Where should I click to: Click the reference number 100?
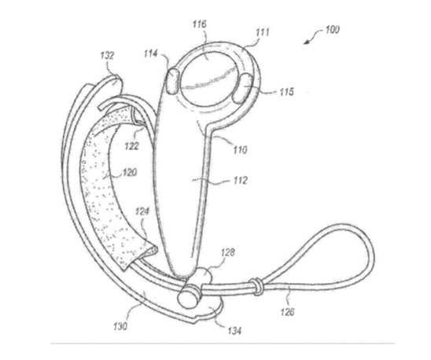[333, 29]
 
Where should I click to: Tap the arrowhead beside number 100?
[307, 42]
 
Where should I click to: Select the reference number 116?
[199, 24]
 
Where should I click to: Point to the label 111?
[263, 33]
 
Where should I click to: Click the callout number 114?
[151, 53]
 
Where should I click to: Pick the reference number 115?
[287, 91]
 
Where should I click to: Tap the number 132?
[107, 56]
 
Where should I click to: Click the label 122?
[131, 145]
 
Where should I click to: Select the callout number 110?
[240, 150]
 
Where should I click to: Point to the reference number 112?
[241, 180]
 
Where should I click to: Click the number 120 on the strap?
[130, 173]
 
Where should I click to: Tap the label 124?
[142, 211]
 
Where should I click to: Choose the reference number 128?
[228, 252]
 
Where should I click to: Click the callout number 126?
[287, 311]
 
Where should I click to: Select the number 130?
[120, 326]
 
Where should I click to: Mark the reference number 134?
[234, 330]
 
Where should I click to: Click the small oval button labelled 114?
[172, 81]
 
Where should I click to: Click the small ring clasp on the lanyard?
[256, 286]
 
